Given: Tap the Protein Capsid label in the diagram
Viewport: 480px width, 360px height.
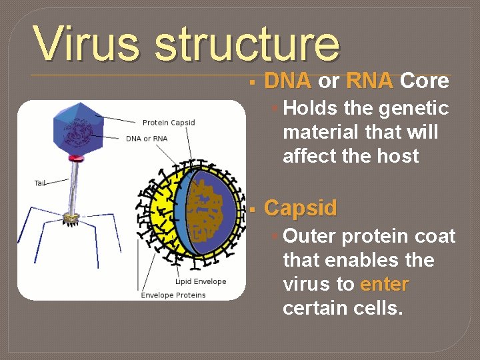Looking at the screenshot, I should coord(169,123).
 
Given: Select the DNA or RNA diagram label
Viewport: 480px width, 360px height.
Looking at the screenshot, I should coord(147,139).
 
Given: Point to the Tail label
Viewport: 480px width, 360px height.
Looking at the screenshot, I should coord(41,183).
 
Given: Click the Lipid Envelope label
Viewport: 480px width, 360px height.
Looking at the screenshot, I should coord(201,281).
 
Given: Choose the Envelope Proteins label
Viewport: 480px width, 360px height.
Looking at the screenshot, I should coord(173,295).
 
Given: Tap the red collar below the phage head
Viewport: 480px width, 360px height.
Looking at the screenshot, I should coord(75,159).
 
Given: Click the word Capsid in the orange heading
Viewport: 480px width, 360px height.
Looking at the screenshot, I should coord(301,208).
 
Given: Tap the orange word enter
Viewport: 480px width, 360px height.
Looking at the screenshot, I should coord(384,284).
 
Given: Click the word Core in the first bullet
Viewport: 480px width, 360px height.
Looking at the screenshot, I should coord(425,81).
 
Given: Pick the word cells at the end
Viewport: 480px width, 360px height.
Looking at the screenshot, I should coord(377,308).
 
